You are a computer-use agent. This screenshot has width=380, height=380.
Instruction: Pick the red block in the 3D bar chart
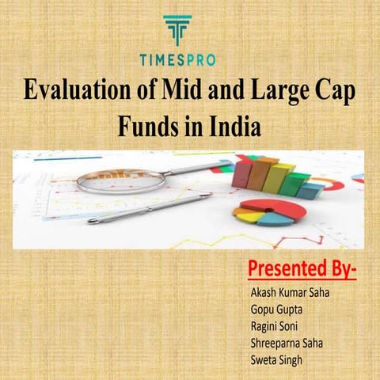[243, 171]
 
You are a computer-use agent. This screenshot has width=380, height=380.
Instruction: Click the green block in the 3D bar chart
[295, 184]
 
